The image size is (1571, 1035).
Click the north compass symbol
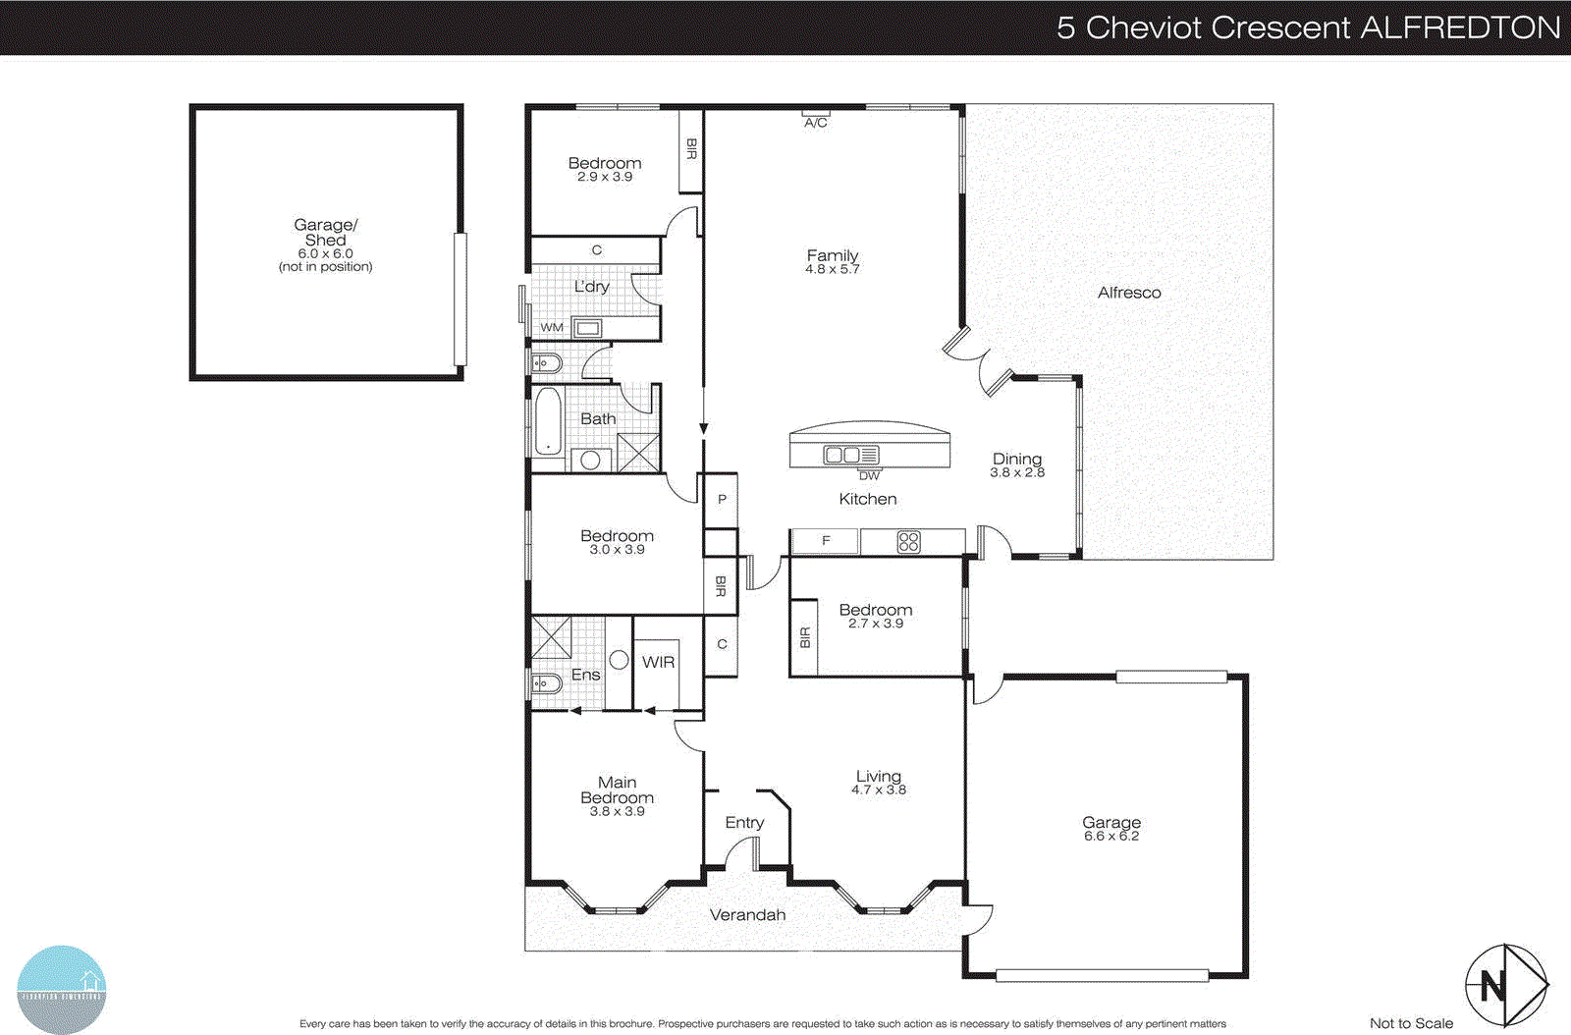pos(1505,985)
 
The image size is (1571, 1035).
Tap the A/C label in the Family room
pos(816,123)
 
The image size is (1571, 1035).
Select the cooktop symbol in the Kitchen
pos(908,542)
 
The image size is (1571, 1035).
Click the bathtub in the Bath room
pos(548,422)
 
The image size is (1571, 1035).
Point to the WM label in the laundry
pos(552,327)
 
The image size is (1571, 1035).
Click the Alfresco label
pos(1129,293)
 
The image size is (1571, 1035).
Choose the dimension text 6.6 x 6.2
pos(1111,837)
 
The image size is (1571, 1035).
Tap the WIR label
pos(658,662)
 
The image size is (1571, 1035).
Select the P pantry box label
pos(722,500)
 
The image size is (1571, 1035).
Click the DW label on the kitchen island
pos(869,475)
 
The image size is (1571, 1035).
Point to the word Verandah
pos(747,915)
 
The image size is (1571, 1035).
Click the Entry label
pos(744,823)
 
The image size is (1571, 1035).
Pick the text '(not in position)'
pos(325,267)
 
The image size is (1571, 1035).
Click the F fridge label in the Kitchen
pos(826,541)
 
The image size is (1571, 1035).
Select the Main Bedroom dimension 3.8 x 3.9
pos(617,812)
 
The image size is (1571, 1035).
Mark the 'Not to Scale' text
pos(1411,1023)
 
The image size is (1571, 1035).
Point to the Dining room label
pos(1017,459)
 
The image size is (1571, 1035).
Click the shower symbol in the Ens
pos(551,636)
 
